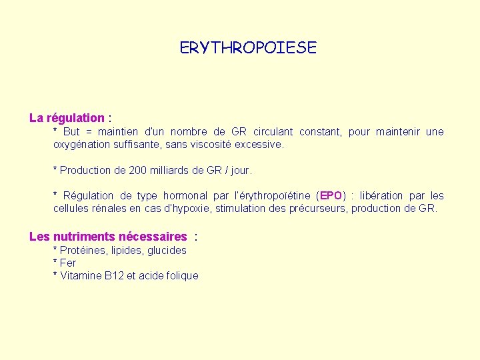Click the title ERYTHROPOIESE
coord(248,48)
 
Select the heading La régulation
coord(67,118)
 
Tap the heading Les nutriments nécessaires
coord(108,237)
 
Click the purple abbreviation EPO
coord(331,196)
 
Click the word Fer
coord(68,263)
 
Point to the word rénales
coord(107,209)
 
